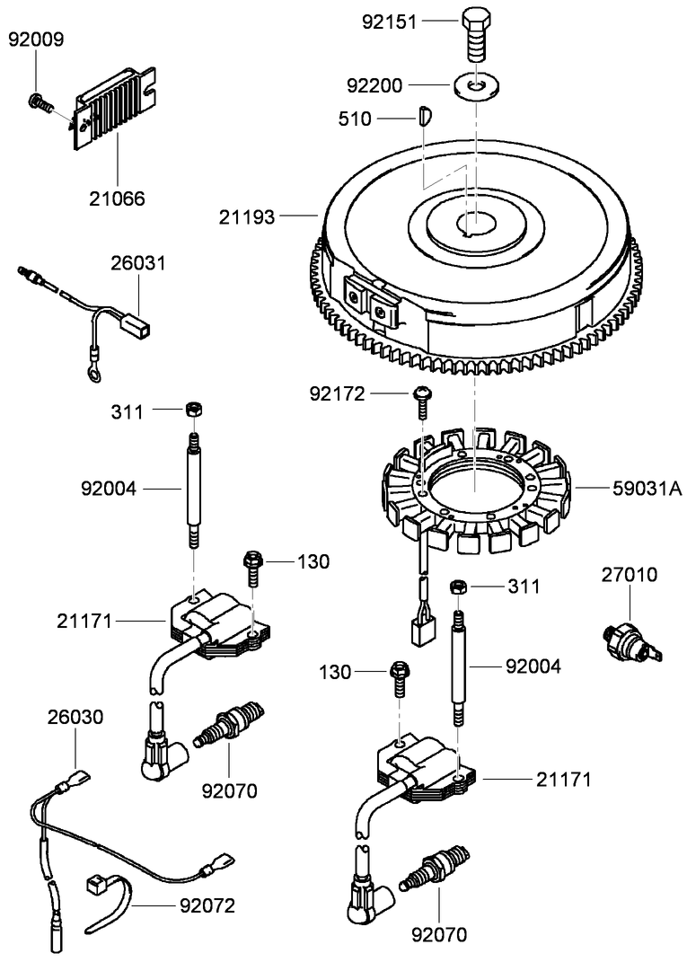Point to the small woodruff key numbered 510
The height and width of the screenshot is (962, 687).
coord(426,115)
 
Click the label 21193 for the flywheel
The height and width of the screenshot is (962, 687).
coord(249,216)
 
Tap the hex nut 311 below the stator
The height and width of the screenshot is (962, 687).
coord(457,587)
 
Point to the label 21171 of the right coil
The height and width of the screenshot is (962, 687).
coord(563,780)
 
